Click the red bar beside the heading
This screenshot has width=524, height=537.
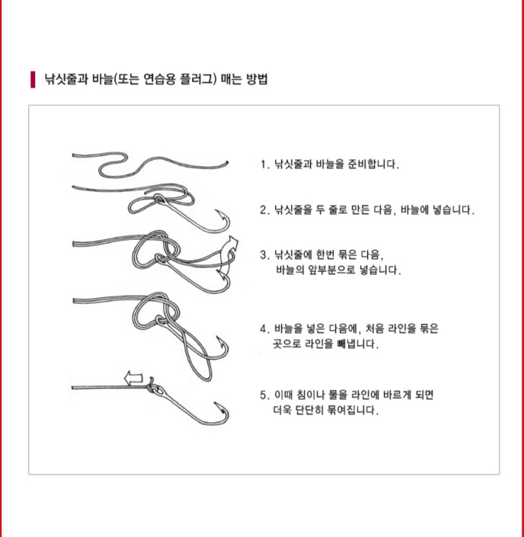(33, 79)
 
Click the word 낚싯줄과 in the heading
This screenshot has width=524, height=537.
(66, 79)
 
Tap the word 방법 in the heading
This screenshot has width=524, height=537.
(257, 79)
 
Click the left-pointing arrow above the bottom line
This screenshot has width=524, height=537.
(133, 378)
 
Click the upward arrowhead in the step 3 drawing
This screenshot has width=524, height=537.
(233, 241)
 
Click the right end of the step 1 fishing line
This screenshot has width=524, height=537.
(227, 163)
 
